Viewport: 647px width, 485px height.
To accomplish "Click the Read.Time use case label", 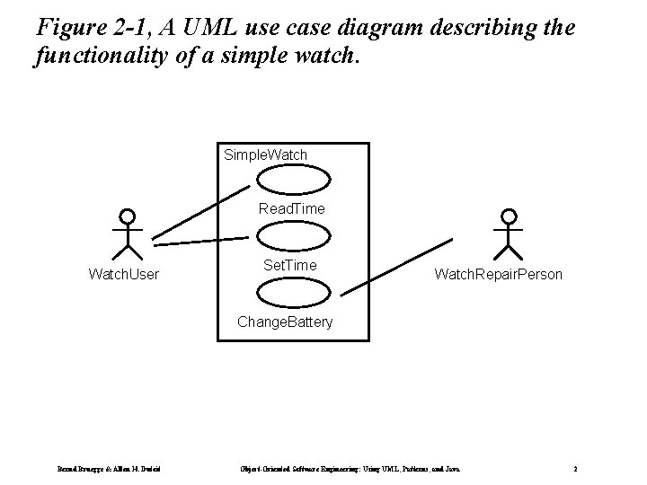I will coord(292,208).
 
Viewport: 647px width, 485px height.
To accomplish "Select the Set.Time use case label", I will coord(289,265).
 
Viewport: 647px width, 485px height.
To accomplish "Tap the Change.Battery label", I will coord(284,322).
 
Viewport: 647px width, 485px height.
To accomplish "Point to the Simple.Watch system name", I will coord(265,154).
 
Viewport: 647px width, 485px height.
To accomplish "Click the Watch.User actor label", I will coord(123,273).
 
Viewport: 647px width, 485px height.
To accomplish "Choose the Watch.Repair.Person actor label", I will coord(499,273).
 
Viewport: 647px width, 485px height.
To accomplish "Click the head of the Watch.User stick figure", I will coord(128,216).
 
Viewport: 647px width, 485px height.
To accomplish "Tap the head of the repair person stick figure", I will coord(510,216).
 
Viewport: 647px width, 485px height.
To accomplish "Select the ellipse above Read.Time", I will coord(287,181).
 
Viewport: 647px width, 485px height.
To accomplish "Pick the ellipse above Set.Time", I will coord(287,236).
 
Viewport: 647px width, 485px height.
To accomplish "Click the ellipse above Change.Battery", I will coord(287,293).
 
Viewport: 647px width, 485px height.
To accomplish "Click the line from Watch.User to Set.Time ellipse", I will coord(199,240).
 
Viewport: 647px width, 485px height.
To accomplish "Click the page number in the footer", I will coord(575,469).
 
